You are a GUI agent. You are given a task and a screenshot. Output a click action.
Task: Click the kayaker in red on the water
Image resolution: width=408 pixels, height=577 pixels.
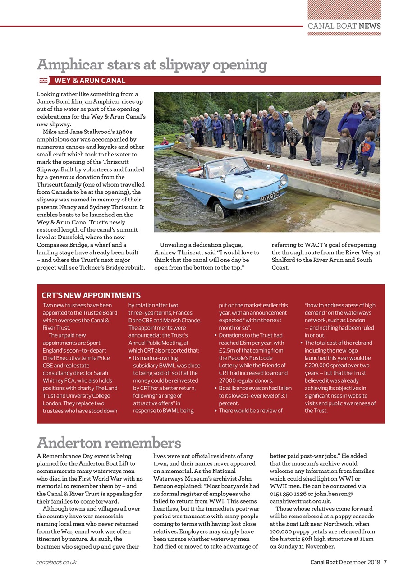[164, 142]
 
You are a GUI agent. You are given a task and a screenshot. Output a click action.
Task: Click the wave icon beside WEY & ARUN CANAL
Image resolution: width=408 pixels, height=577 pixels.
[43, 81]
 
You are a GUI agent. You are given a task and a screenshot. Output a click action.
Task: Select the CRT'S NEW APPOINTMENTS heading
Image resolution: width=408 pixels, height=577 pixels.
[91, 296]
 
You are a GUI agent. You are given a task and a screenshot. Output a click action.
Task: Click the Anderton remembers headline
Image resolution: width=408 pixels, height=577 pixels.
[109, 442]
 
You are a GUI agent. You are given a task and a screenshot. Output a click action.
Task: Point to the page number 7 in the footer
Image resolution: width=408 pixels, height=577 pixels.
[385, 562]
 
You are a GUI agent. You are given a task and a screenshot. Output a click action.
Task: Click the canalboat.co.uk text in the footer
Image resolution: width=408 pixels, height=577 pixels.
[56, 562]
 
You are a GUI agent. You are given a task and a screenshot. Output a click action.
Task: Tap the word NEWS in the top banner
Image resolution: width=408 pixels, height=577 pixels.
[370, 26]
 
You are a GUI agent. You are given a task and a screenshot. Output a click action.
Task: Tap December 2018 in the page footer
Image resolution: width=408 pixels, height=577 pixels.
[360, 562]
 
